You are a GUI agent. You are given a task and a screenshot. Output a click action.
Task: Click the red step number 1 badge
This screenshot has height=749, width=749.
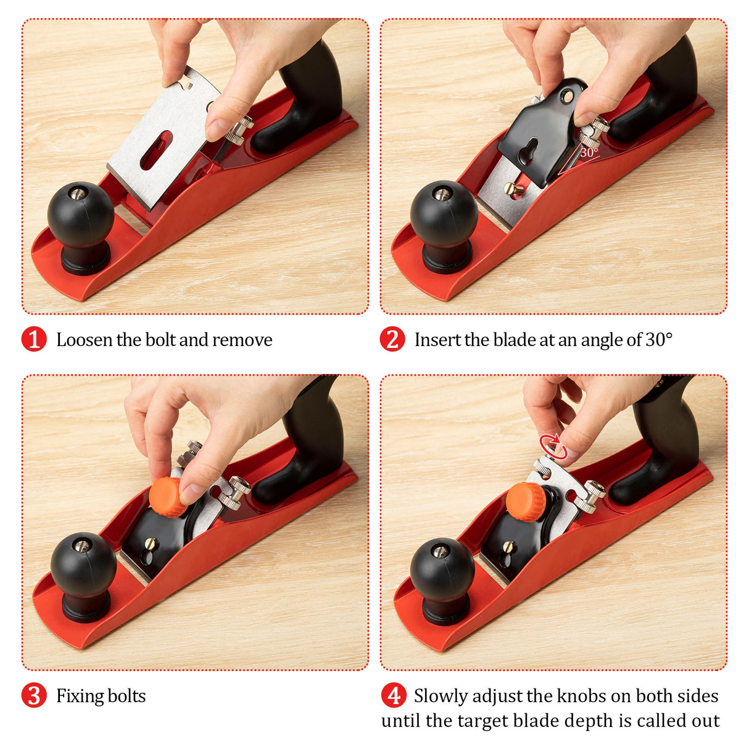(34, 339)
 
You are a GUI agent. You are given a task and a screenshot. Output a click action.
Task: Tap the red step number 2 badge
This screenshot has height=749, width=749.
(392, 339)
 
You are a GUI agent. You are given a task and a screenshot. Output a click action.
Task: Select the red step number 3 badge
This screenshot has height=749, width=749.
(34, 695)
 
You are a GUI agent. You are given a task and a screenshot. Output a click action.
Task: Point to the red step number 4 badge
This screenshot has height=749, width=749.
(394, 695)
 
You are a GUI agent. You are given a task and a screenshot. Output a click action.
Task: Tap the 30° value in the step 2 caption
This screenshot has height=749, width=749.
(659, 339)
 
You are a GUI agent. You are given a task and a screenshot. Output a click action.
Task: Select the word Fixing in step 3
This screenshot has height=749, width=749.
(77, 696)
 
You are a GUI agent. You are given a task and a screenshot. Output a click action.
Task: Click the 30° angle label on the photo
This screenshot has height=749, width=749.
(589, 152)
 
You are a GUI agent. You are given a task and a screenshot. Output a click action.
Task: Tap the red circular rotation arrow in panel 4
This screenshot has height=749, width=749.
(553, 446)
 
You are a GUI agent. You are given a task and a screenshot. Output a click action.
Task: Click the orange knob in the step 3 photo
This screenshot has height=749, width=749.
(168, 497)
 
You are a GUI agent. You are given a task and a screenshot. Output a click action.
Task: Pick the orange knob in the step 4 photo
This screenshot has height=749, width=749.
(525, 502)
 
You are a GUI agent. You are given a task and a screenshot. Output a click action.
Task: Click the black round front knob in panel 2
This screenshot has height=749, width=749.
(444, 213)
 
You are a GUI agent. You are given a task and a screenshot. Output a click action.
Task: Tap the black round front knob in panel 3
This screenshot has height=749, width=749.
(83, 565)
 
